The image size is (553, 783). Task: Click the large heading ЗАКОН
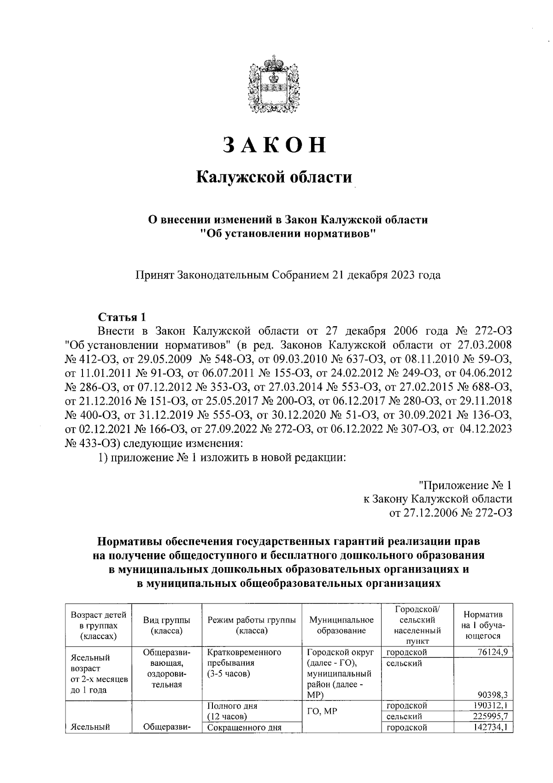(275, 144)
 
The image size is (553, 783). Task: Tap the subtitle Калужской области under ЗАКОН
(275, 177)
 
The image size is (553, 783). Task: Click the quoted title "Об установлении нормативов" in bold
(287, 234)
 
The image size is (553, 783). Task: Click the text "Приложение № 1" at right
(465, 485)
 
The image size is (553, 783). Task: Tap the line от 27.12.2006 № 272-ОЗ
(451, 513)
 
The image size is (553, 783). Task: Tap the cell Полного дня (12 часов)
(232, 711)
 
